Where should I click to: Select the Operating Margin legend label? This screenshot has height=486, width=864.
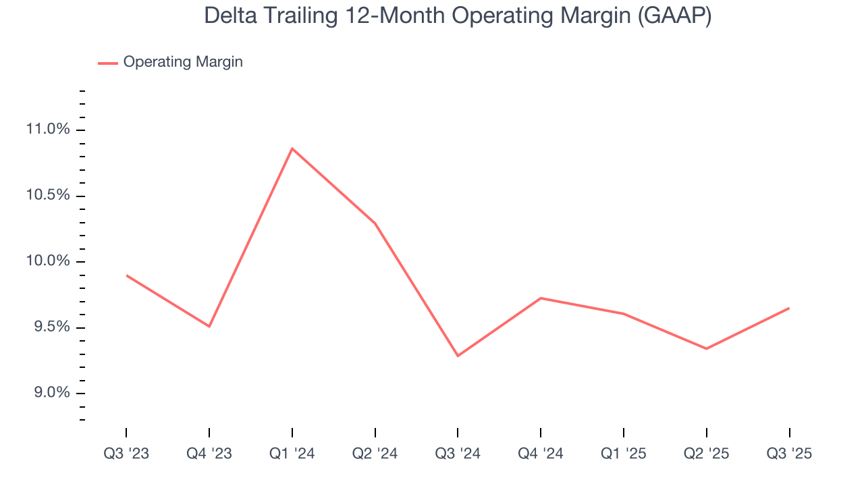(183, 62)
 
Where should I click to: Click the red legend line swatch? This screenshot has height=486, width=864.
(108, 63)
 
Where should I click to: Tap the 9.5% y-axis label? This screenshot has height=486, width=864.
(53, 327)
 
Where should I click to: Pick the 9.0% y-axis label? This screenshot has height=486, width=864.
(53, 394)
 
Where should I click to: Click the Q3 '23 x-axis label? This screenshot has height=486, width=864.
(126, 454)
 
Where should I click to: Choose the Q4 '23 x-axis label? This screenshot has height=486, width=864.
(209, 454)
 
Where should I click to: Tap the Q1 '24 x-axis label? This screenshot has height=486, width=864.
(292, 454)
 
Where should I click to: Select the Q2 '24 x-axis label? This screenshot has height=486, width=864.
(375, 454)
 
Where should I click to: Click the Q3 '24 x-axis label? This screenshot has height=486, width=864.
(458, 454)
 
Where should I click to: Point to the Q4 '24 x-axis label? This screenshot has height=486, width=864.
(541, 454)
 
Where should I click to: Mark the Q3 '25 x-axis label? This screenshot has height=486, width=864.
(789, 454)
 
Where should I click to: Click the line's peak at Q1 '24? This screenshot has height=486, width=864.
(292, 148)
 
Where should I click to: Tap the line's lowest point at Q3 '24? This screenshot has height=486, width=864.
(458, 356)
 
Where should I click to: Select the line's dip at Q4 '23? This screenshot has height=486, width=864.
(209, 326)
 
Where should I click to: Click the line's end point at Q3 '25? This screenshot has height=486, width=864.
(788, 308)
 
